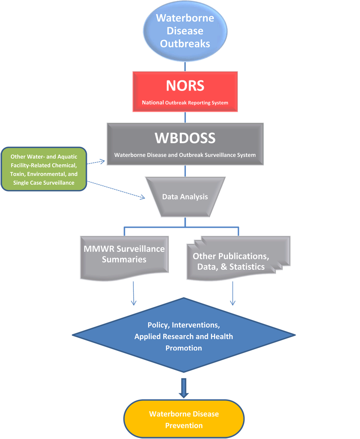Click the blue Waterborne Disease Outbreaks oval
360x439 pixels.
185,31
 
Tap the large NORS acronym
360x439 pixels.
185,86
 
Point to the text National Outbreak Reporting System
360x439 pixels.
185,103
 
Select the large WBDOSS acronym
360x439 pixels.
185,138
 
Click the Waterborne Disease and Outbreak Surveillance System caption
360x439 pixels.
185,155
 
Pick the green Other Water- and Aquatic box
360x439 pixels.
44,169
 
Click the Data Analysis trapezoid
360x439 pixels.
185,197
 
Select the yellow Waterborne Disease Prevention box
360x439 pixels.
184,420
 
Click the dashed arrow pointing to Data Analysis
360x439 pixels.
117,190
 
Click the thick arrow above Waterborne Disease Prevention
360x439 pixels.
184,388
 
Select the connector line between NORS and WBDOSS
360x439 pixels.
185,117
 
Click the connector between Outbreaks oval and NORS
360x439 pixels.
185,67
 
